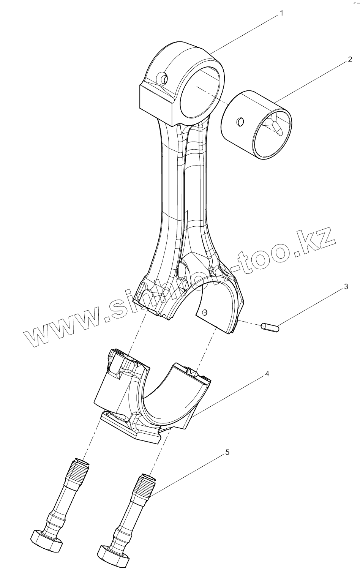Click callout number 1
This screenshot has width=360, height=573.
coord(281,14)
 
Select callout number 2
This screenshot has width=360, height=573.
coord(349,60)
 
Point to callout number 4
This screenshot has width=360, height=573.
coord(267,374)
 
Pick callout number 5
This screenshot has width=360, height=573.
coord(227,452)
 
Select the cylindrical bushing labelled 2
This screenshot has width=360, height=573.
coord(257,125)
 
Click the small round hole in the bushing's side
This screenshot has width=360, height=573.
coord(240,122)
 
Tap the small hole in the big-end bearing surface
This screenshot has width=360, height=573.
coord(205,313)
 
